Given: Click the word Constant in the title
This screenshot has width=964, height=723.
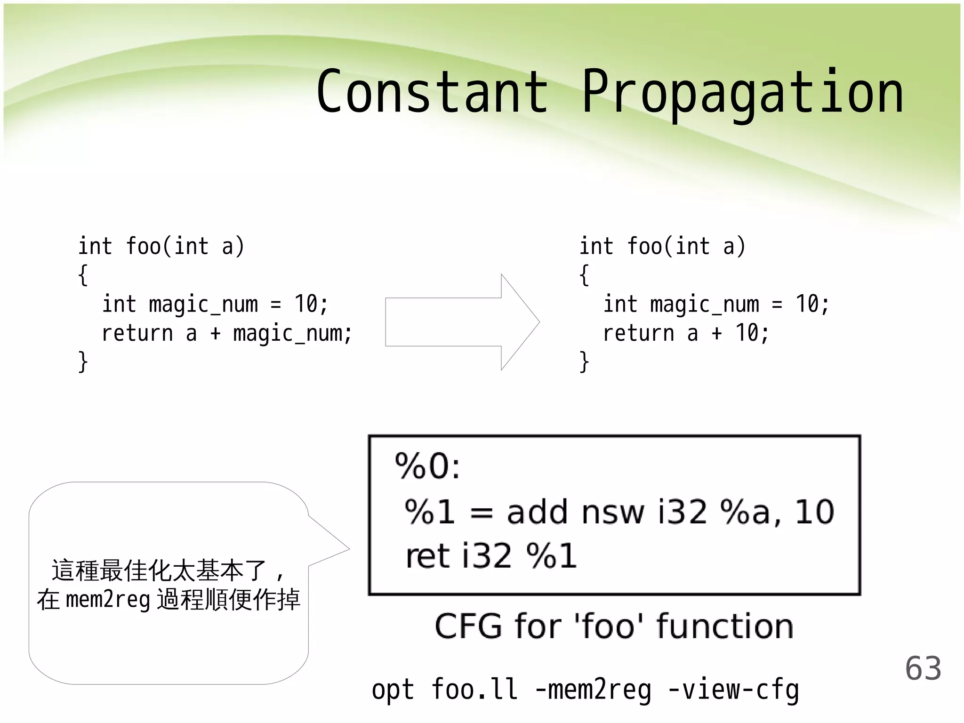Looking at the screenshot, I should coord(432,92).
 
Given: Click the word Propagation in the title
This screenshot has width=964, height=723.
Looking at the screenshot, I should coord(742,93).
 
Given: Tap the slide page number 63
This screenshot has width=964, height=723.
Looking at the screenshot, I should coord(923,668).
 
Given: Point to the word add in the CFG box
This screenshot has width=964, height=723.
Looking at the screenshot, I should coord(537,512).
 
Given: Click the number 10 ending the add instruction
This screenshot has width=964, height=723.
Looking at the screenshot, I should coord(815,512).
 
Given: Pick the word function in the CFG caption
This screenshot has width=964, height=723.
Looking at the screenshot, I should coord(725,627).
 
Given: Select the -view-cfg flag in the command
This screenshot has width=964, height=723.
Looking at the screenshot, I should coord(733,690).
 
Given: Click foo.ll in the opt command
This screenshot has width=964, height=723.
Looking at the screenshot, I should coord(474,690).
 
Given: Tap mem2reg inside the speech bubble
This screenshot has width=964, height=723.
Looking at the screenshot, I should coord(108,600).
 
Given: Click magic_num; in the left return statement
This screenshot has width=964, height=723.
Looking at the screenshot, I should coord(292,334).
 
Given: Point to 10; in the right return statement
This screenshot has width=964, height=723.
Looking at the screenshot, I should coord(752,333).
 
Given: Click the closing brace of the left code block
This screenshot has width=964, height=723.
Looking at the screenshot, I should coord(83,362).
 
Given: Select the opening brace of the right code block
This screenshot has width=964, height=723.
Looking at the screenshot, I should coord(584,275).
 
